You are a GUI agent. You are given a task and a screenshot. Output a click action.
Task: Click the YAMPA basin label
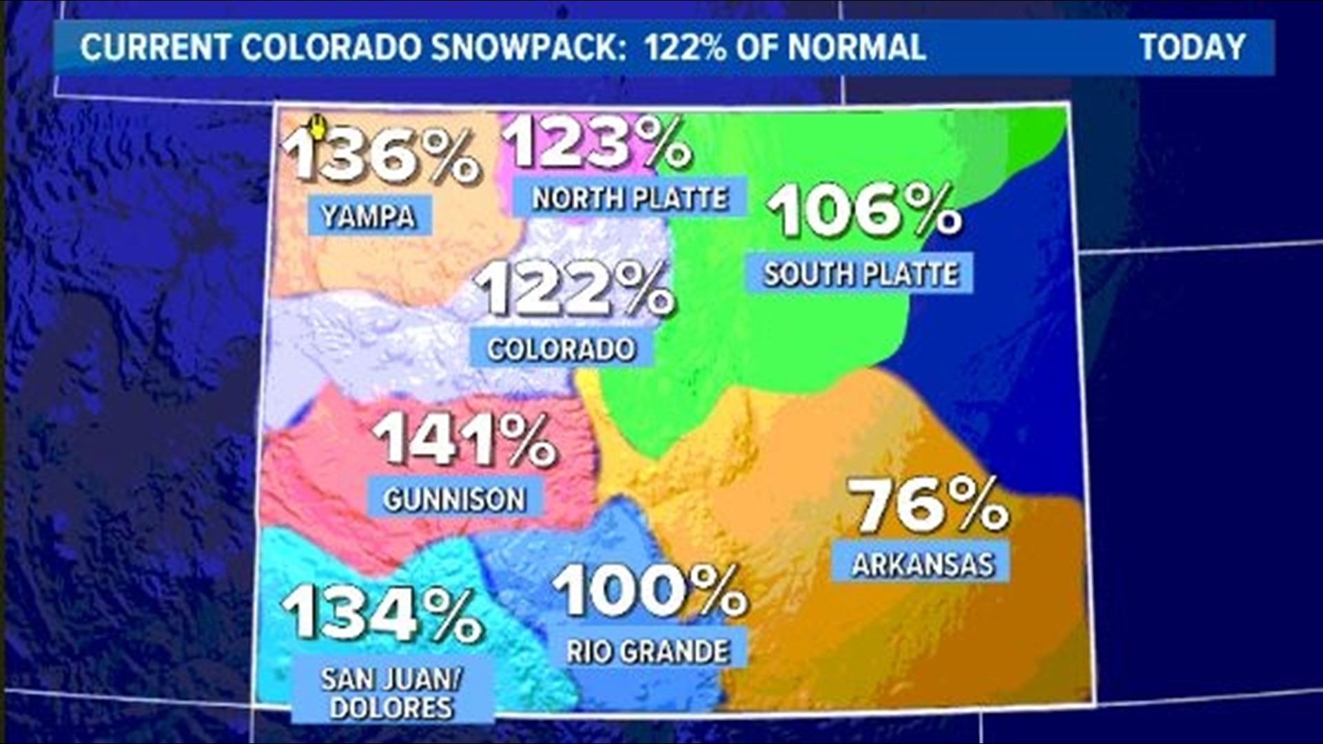[369, 216]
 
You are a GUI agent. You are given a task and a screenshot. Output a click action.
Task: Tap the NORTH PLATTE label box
[630, 198]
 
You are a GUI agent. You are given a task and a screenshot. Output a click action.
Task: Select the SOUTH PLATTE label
[860, 273]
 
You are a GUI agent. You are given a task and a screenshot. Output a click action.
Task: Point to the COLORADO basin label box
[561, 348]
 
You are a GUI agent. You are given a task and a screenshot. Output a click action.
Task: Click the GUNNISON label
[455, 498]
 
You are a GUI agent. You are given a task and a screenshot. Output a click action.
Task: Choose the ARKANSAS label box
[922, 564]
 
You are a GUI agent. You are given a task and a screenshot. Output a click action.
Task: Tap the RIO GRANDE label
[648, 650]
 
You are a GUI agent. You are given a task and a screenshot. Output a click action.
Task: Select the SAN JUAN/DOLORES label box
[391, 692]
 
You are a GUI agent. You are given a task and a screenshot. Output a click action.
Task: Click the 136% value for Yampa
[381, 156]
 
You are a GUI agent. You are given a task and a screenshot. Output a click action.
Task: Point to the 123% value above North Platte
[597, 141]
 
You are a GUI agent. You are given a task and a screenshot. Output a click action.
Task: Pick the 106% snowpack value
[864, 210]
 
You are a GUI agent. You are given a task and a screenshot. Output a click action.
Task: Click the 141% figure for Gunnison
[464, 440]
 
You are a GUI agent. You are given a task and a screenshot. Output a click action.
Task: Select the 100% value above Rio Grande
[649, 590]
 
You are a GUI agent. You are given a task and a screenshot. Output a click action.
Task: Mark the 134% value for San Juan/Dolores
[382, 613]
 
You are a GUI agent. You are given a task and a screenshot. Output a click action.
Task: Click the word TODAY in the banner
[1192, 48]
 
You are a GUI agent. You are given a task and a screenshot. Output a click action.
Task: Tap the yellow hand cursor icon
[317, 127]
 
